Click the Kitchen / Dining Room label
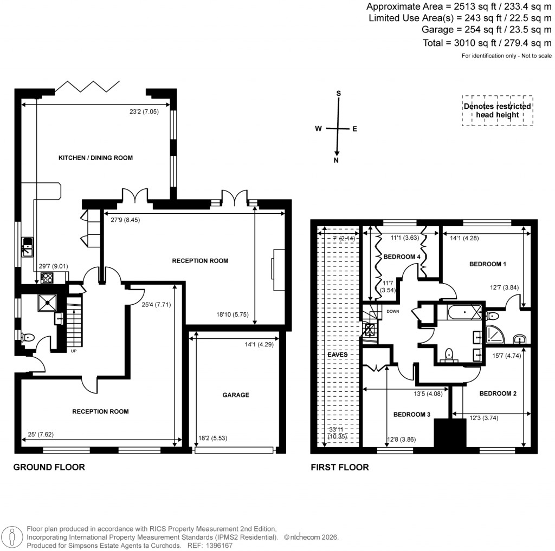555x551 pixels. point(95,158)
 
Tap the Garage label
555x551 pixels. point(236,395)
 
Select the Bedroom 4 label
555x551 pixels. point(402,257)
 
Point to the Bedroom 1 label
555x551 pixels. point(487,264)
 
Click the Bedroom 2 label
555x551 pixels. point(498,393)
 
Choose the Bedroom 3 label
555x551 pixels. point(411,415)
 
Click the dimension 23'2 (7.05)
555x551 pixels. point(143,111)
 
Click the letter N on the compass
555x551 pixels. point(337,160)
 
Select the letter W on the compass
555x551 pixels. point(319,128)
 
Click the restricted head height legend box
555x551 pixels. point(497,111)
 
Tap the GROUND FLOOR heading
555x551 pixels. point(49,467)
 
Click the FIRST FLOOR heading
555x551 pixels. point(339,467)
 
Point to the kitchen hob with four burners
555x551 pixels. point(47,278)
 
